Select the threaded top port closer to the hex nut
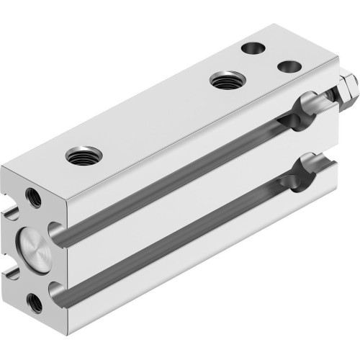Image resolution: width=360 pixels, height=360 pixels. [x=225, y=79]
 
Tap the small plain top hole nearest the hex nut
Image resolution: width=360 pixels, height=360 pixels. [x=289, y=66]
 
